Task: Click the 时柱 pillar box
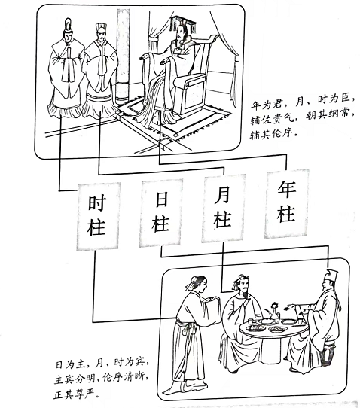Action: (x=98, y=216)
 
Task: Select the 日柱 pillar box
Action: (x=161, y=212)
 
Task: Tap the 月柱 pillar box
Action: (x=223, y=208)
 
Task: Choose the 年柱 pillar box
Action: (x=287, y=203)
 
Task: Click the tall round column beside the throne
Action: (x=123, y=56)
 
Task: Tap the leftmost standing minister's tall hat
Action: (x=68, y=25)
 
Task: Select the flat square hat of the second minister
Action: (x=100, y=28)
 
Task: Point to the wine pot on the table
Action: (x=274, y=312)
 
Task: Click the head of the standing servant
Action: (x=197, y=283)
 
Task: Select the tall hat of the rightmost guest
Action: (x=331, y=275)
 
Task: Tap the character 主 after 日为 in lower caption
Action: (x=81, y=364)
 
